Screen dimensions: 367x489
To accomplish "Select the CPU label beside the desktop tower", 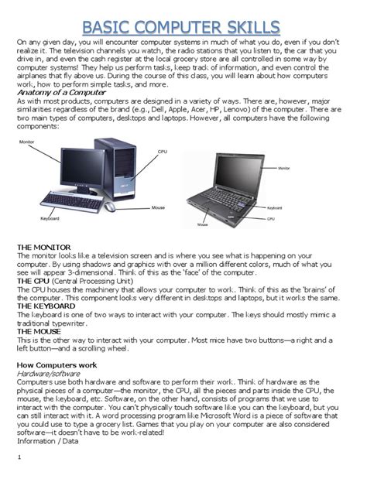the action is click(162, 152).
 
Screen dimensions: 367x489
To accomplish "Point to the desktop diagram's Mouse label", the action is click(158, 207).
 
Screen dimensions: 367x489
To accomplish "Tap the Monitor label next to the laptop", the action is click(283, 168).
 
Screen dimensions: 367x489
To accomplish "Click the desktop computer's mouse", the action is click(110, 207).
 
